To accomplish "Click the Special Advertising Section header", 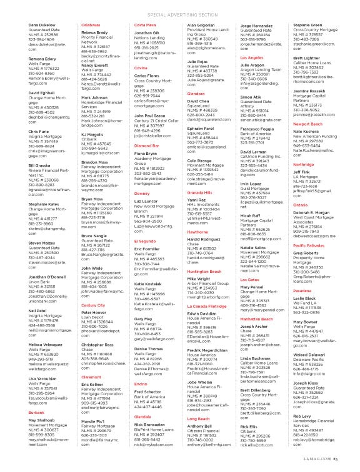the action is click(x=179, y=13).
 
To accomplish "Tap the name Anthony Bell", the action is click(x=200, y=426).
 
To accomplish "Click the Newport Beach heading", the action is click(x=307, y=124).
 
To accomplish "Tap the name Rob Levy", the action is click(x=302, y=416).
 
